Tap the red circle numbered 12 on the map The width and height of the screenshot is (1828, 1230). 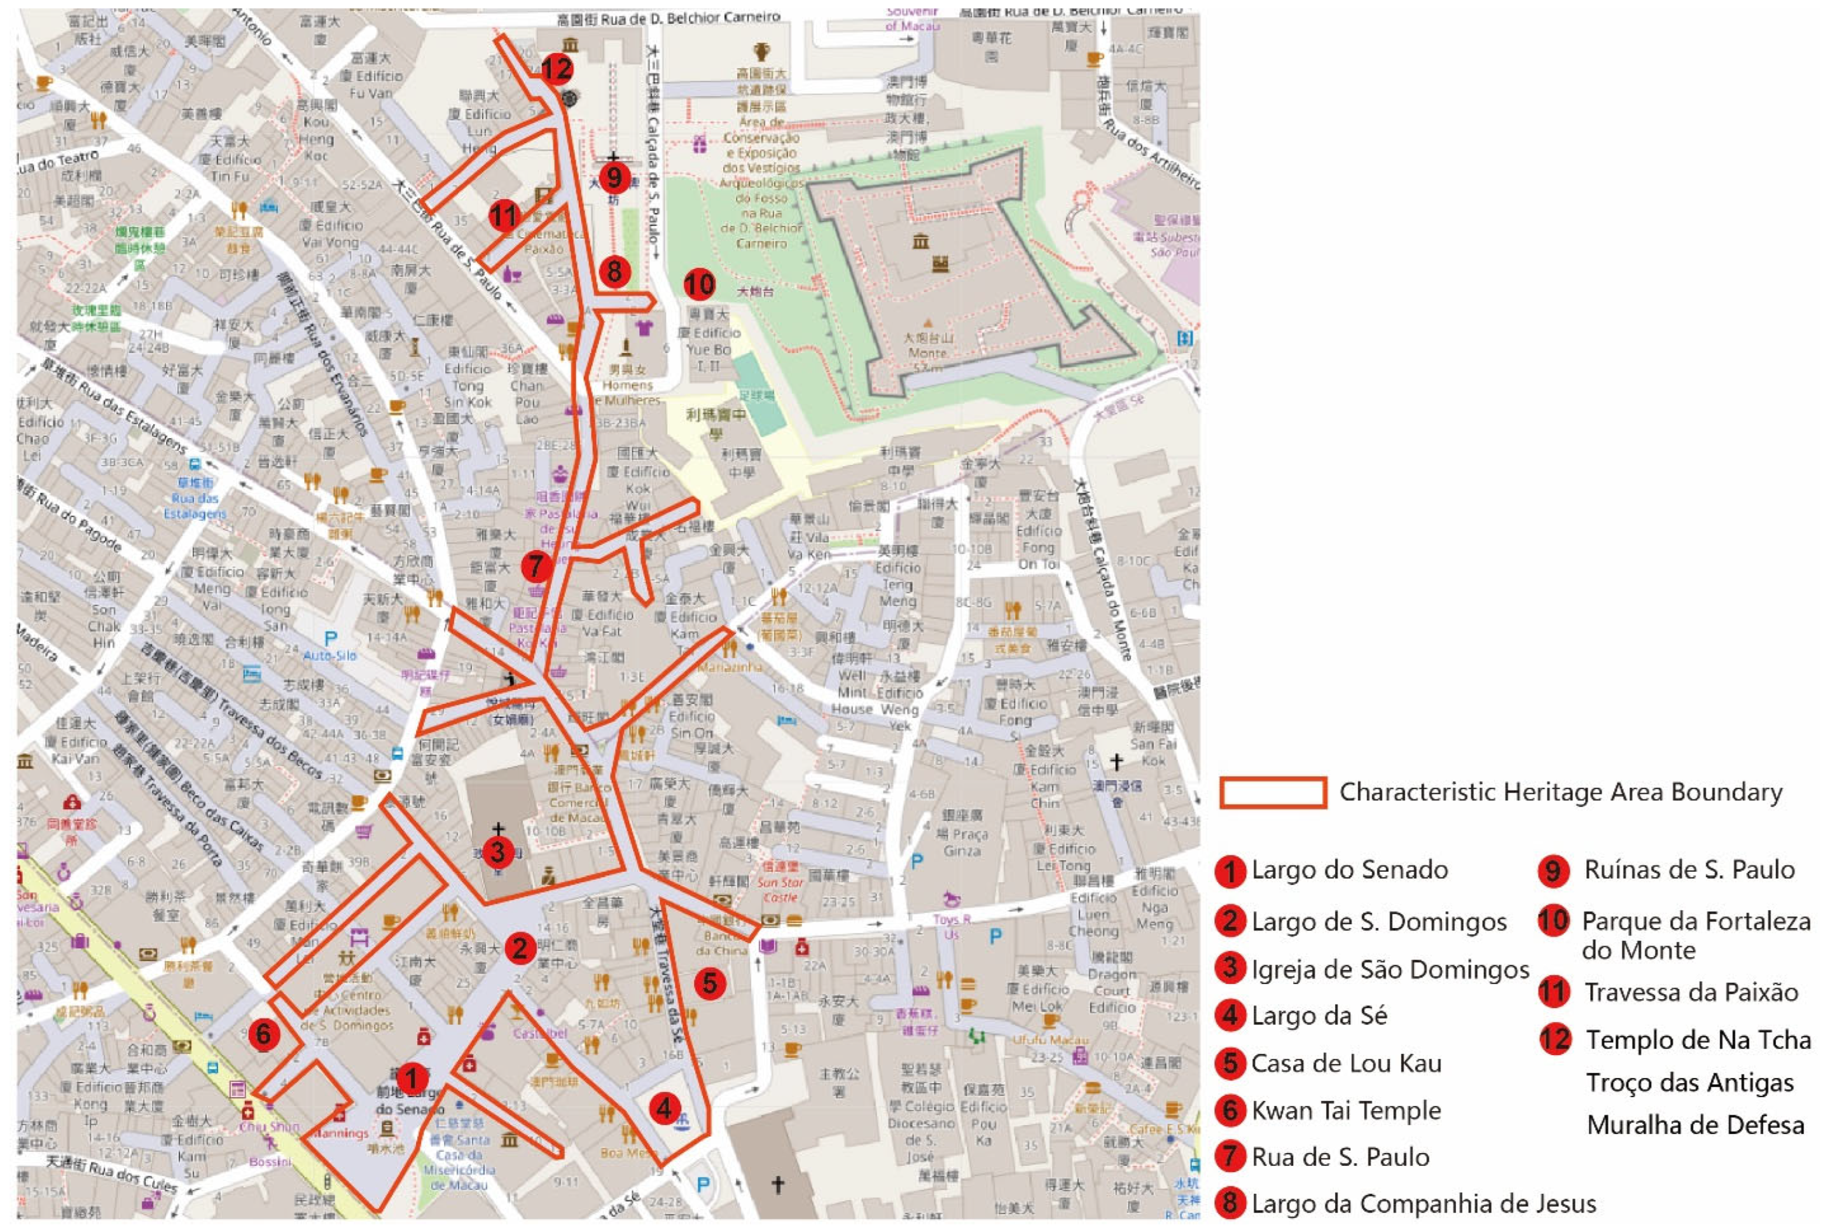click(556, 69)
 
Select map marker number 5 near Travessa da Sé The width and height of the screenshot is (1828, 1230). click(709, 982)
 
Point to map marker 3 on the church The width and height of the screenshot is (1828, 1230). click(498, 851)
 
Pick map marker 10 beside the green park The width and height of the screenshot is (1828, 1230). click(699, 284)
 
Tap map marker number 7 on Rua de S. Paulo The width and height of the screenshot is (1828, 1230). click(536, 565)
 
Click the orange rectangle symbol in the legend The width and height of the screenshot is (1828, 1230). click(1273, 792)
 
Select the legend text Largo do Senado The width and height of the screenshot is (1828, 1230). click(1350, 870)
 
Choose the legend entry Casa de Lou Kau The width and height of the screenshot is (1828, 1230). click(1346, 1064)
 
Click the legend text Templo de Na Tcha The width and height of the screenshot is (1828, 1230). click(1699, 1040)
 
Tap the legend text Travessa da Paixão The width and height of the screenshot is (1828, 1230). click(1690, 992)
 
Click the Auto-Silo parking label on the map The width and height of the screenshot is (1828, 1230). click(329, 655)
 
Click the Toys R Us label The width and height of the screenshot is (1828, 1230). click(952, 926)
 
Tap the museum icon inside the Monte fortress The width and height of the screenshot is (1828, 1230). click(920, 241)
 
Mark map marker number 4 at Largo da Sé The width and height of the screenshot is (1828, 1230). click(664, 1108)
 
